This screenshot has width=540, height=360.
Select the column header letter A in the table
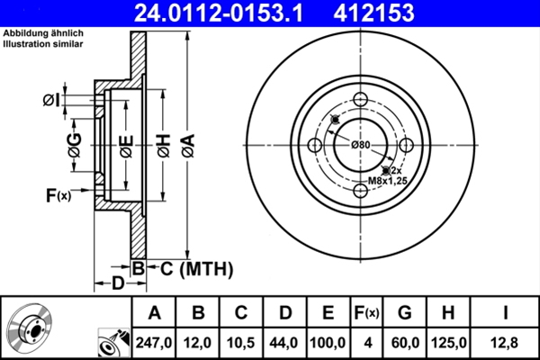pyautogui.click(x=154, y=312)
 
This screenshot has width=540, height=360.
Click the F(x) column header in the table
pyautogui.click(x=366, y=312)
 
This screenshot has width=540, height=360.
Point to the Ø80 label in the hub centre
pyautogui.click(x=361, y=145)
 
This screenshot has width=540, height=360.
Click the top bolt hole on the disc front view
pyautogui.click(x=361, y=100)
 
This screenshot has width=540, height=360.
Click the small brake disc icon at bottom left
pyautogui.click(x=31, y=328)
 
